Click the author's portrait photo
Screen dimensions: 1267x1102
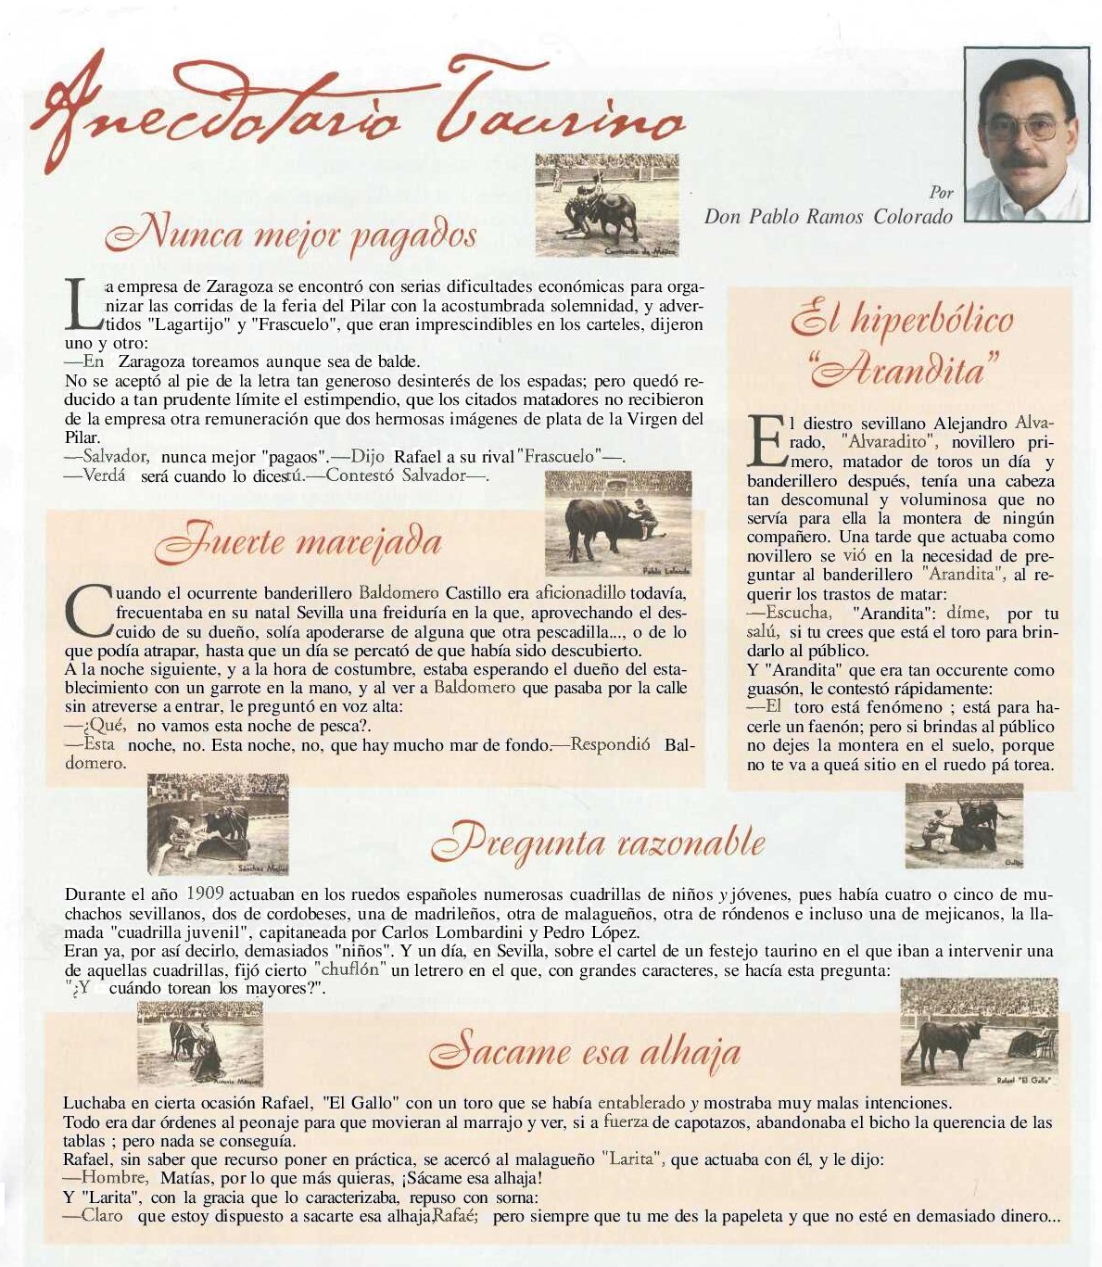[x=1026, y=135]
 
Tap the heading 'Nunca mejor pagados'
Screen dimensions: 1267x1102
[x=291, y=235]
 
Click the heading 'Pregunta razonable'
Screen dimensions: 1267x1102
[x=599, y=843]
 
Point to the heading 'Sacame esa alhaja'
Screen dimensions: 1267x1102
[x=585, y=1051]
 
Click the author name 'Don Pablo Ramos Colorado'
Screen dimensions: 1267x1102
[x=828, y=217]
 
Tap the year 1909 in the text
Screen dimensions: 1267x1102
[x=205, y=894]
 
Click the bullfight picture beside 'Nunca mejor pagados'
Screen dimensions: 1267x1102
[x=607, y=206]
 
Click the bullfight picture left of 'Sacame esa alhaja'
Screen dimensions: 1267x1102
[x=200, y=1044]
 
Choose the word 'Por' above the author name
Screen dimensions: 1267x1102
[x=941, y=193]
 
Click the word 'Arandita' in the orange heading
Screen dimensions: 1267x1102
[x=903, y=370]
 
